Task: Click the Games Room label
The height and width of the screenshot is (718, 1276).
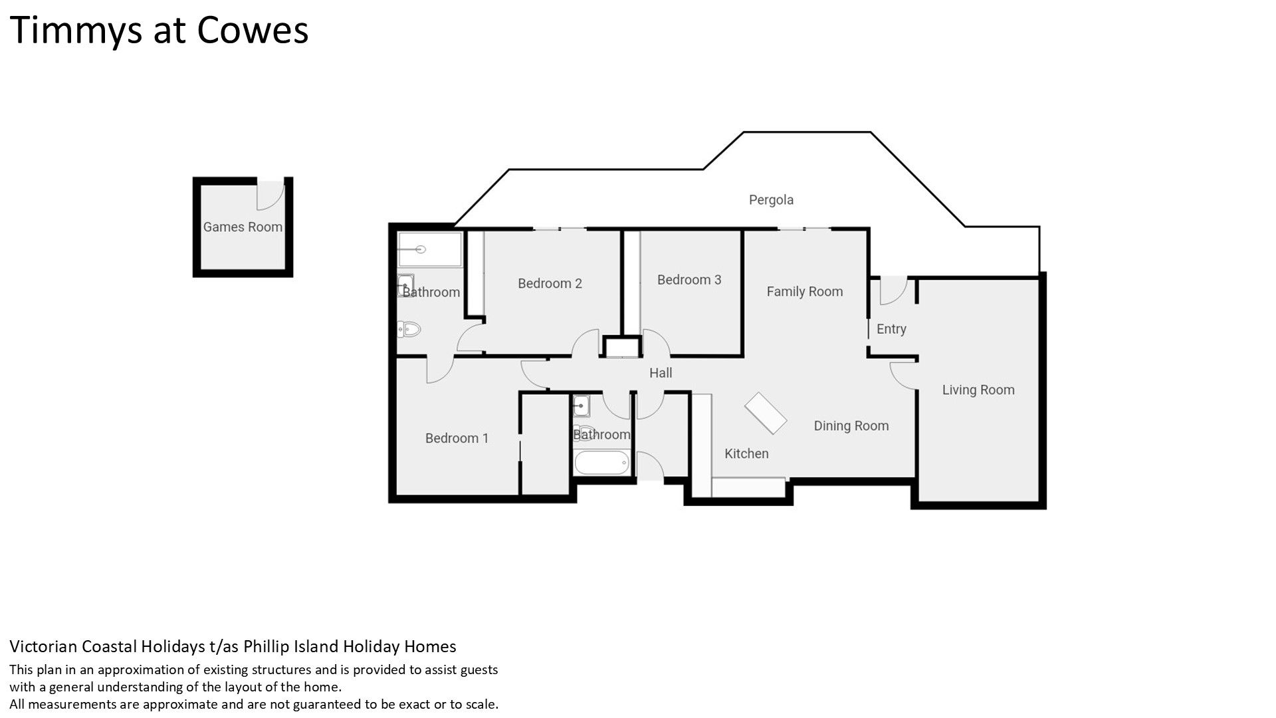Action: tap(243, 227)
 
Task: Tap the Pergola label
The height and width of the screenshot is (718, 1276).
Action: tap(771, 199)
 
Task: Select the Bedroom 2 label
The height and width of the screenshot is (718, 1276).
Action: tap(550, 283)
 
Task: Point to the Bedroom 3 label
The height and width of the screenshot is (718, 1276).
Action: tap(689, 280)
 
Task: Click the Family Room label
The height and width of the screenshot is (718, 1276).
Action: tap(805, 291)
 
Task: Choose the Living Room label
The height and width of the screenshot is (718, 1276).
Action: tap(978, 390)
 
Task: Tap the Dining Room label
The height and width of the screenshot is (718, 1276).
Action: tap(851, 426)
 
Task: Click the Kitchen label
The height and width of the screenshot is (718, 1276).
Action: tap(746, 453)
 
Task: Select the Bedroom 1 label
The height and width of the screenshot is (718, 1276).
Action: tap(457, 438)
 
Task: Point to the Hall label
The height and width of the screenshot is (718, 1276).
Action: tap(661, 373)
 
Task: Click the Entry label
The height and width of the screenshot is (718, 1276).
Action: tap(891, 329)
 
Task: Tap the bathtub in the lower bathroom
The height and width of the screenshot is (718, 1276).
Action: tap(601, 463)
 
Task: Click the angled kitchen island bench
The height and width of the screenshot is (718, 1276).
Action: tap(765, 414)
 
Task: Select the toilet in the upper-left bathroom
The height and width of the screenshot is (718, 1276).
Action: tap(409, 328)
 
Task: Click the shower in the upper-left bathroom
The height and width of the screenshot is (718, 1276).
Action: tap(429, 249)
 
